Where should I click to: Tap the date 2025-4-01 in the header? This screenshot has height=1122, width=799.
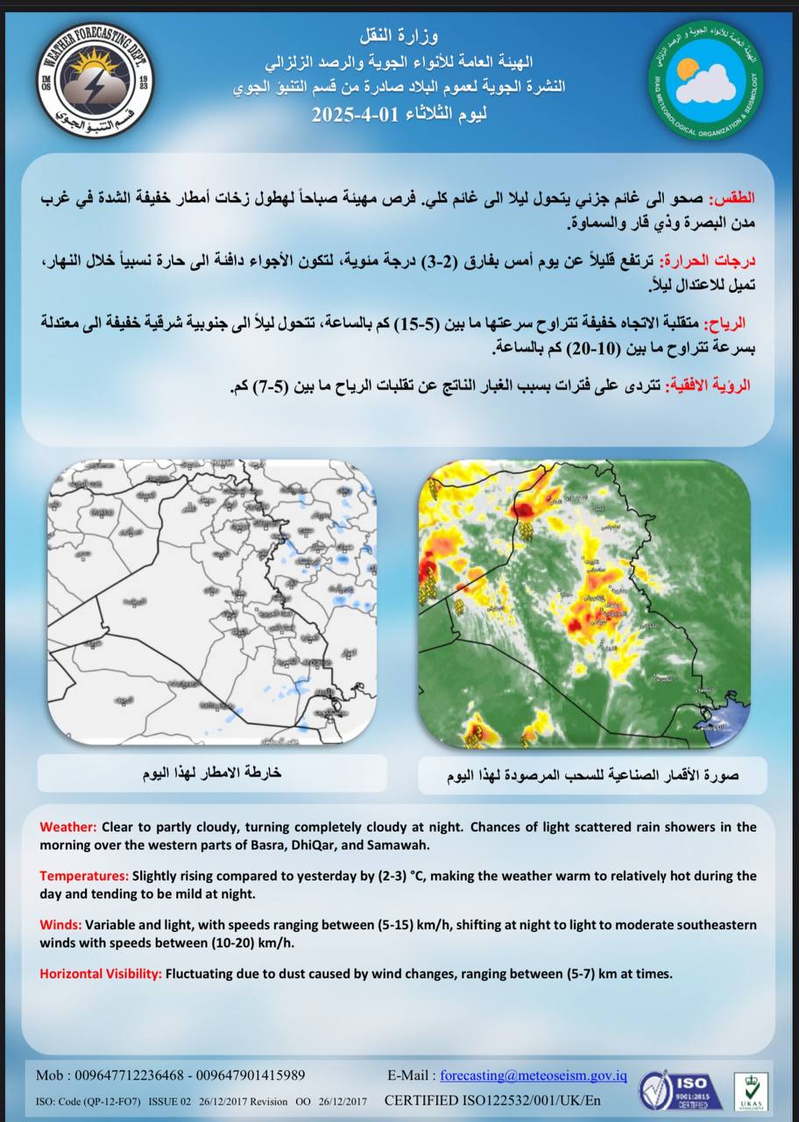[350, 114]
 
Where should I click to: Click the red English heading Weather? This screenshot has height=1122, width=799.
[68, 827]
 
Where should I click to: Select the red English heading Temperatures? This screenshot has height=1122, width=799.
[83, 876]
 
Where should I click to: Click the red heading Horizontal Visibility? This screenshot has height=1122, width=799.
[100, 973]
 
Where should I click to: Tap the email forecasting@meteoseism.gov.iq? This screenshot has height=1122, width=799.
[533, 1076]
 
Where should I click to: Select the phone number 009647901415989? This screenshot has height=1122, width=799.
[251, 1076]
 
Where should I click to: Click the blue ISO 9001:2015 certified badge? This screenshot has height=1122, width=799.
[681, 1090]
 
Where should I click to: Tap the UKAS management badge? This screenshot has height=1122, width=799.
[751, 1091]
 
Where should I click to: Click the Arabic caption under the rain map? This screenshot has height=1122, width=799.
[211, 774]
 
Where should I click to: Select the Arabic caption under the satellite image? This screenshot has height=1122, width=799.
[592, 776]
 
